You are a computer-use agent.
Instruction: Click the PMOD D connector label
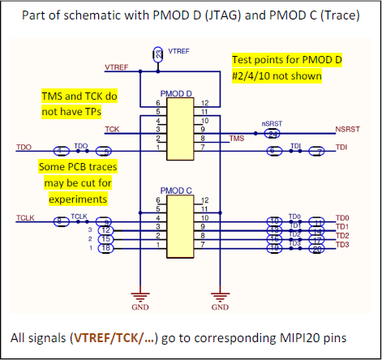point(177,94)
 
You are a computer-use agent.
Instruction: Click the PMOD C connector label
point(177,190)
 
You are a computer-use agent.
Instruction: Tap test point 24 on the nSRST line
point(273,132)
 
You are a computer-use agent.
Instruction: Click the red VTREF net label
point(115,65)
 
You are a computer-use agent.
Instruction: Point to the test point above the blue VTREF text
point(157,53)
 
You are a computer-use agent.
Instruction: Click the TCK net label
point(111,129)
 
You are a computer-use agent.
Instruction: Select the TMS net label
point(237,139)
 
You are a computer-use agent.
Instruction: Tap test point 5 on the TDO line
point(103,151)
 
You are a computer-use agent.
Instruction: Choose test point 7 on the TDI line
point(320,151)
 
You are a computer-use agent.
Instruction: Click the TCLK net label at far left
point(25,217)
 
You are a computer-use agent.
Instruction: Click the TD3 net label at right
point(342,245)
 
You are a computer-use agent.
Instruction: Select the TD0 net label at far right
point(342,218)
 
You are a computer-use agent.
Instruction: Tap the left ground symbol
point(140,297)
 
